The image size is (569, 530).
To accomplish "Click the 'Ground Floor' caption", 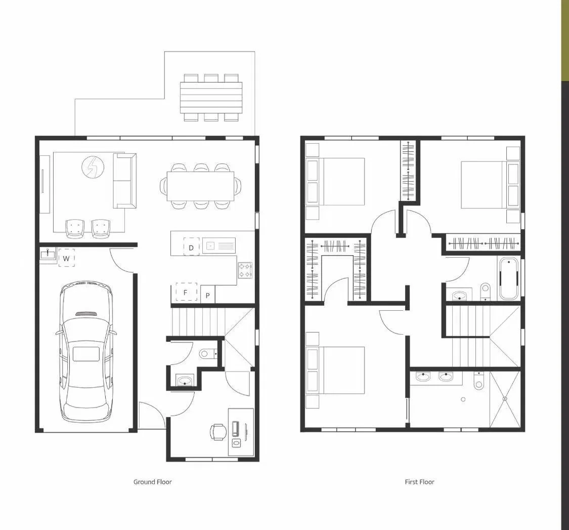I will point(152,482).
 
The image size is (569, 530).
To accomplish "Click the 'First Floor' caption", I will point(419,482).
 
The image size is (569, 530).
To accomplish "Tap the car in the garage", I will point(85,353).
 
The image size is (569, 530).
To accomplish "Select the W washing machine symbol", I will point(66,258).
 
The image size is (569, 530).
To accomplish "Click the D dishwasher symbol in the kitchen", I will point(191,247).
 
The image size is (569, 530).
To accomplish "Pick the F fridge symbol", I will point(186,292).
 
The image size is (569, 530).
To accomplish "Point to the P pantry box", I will point(207,295).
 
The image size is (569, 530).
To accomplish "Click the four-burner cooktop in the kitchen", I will point(245,270).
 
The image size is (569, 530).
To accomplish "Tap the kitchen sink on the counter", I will point(219,246).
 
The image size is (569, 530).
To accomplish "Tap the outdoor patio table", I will point(211,98).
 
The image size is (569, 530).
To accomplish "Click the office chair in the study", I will point(218,432).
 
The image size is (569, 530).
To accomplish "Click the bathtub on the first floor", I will point(508,279).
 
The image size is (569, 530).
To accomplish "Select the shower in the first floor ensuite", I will point(504,399).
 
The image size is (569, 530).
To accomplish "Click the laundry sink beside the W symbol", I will point(48,254).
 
